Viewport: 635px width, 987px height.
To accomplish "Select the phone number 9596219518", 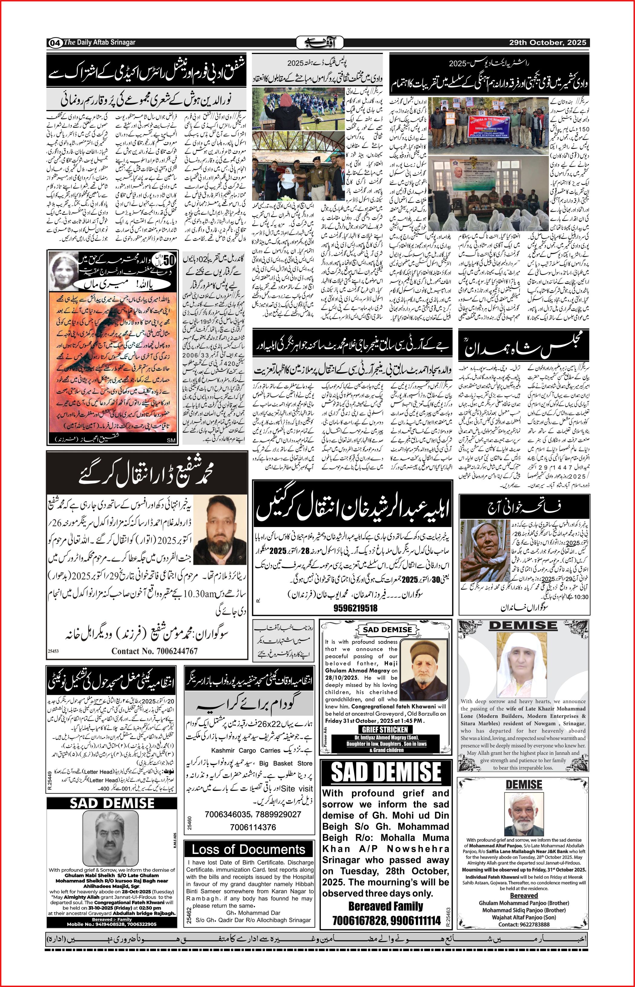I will [x=355, y=608].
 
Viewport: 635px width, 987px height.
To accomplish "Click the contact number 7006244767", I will [x=154, y=651].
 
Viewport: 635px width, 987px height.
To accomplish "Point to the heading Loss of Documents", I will [x=249, y=849].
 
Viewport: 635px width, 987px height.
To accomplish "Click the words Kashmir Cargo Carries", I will [x=246, y=751].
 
